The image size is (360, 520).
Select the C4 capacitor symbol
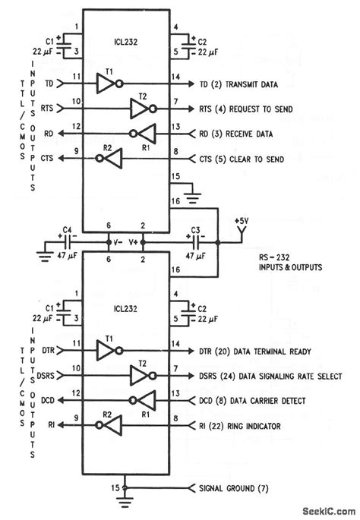click(66, 244)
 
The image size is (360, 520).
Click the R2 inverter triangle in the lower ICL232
click(113, 427)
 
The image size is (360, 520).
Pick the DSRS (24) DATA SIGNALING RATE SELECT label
click(272, 377)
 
